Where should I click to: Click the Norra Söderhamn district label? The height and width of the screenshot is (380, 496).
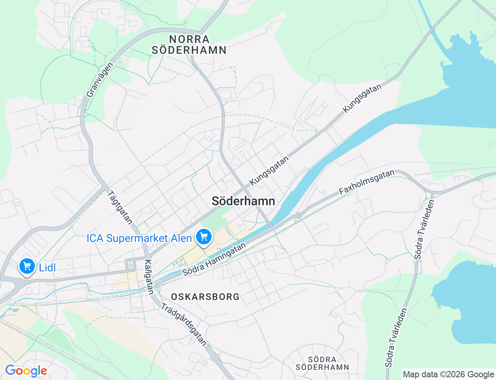point(189,45)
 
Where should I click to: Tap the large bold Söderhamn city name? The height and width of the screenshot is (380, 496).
point(243,201)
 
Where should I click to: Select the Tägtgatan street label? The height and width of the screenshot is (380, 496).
point(120,207)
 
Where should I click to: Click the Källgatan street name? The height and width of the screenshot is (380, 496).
point(149,276)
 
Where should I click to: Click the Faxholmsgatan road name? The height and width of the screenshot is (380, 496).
point(367,182)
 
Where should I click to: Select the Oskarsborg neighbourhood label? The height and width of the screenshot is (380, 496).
point(205,297)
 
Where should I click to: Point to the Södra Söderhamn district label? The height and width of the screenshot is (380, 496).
point(322,363)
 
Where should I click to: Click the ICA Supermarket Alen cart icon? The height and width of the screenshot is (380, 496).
point(204,236)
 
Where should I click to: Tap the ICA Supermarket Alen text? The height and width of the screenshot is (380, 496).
point(139,238)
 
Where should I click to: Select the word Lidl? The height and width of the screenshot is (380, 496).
point(47,268)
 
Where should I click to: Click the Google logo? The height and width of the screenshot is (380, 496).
point(26,371)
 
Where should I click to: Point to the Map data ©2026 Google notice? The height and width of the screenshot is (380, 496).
point(448,374)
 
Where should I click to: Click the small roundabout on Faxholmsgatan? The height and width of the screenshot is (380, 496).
point(298,215)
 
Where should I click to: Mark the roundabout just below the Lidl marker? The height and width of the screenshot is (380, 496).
point(19,284)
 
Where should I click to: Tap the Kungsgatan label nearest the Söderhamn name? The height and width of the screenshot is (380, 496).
point(269,171)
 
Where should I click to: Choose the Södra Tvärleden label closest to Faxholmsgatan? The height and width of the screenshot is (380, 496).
point(424,230)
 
